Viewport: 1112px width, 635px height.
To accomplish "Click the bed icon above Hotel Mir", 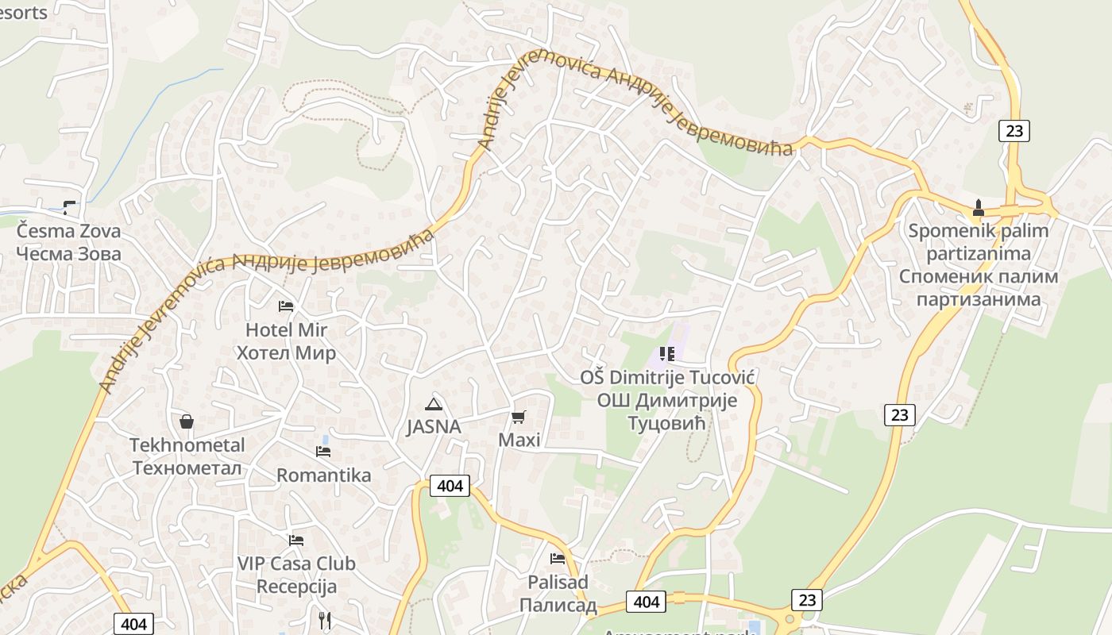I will pyautogui.click(x=286, y=306).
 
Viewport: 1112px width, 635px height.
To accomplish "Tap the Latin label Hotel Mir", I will pyautogui.click(x=286, y=329).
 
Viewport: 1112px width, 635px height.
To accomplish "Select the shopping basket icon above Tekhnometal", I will pyautogui.click(x=187, y=421).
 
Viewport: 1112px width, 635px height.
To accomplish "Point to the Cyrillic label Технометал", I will pyautogui.click(x=187, y=468).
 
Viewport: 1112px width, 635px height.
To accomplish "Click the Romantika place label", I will pyautogui.click(x=323, y=475).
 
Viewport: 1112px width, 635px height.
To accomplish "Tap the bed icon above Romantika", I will pyautogui.click(x=323, y=452).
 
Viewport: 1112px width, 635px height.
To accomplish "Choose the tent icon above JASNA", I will pyautogui.click(x=433, y=403).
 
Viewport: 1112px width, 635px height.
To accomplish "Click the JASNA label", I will pyautogui.click(x=433, y=426).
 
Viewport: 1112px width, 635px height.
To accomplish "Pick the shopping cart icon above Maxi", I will pyautogui.click(x=519, y=417).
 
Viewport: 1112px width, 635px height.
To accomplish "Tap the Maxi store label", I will pyautogui.click(x=519, y=440).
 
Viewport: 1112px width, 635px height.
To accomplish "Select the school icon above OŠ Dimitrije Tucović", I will pyautogui.click(x=666, y=354).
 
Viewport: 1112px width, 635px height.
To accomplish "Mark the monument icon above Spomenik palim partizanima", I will pyautogui.click(x=979, y=208).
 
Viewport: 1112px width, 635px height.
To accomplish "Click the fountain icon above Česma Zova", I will pyautogui.click(x=70, y=207).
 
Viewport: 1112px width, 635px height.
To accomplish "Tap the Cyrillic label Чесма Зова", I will pyautogui.click(x=68, y=254).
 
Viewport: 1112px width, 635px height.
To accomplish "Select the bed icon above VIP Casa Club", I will pyautogui.click(x=296, y=541).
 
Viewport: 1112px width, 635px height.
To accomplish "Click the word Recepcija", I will pyautogui.click(x=296, y=587).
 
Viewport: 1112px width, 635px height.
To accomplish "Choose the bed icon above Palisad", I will pyautogui.click(x=558, y=559).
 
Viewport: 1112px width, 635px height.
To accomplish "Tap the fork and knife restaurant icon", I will pyautogui.click(x=324, y=620).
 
